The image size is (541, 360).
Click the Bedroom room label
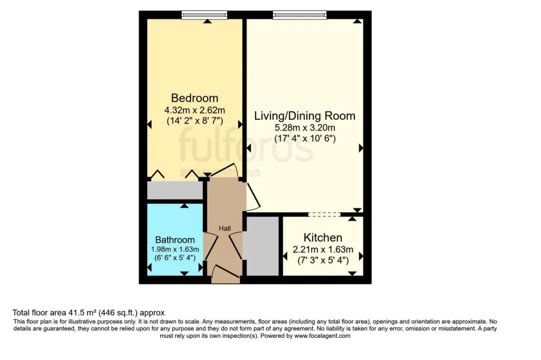coord(195,98)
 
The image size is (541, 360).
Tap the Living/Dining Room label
coord(305,116)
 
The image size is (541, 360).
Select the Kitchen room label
coord(323,238)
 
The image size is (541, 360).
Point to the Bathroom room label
coord(175,240)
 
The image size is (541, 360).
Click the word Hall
coord(225,228)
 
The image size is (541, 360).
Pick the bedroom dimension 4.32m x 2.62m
coord(195,110)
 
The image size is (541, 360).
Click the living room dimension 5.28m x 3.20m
coord(305,128)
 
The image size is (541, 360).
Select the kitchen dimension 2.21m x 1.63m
coord(323,249)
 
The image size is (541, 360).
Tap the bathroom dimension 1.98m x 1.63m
coord(175,249)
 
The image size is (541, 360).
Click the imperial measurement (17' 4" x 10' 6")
coord(305,139)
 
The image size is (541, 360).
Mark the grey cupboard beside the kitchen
coord(262,246)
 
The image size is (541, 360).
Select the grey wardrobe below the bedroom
coord(175,191)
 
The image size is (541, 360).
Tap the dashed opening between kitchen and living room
coord(324,214)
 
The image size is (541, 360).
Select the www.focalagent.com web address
coord(322,336)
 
